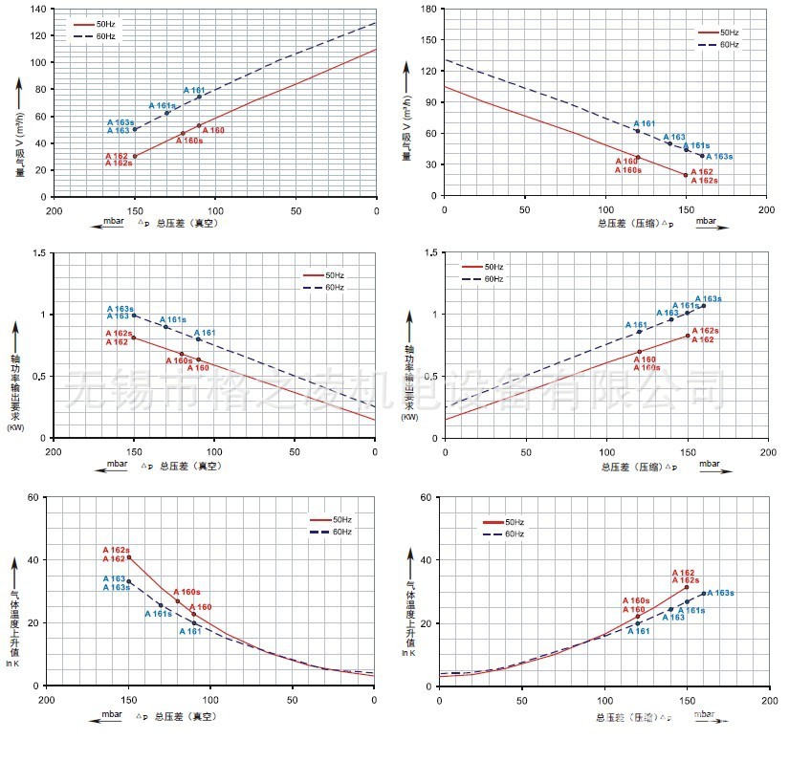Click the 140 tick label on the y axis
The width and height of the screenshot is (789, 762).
(37, 9)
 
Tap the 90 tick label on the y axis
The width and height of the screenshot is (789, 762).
(430, 102)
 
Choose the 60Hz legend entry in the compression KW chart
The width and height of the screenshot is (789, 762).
(492, 279)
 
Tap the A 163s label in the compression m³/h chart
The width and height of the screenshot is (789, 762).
(719, 157)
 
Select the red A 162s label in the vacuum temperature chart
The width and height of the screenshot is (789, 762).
(116, 550)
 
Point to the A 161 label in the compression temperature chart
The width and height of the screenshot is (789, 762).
(638, 631)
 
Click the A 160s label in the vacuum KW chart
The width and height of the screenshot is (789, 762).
(179, 360)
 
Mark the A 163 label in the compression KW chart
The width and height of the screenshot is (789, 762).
(668, 313)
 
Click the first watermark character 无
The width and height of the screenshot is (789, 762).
(91, 389)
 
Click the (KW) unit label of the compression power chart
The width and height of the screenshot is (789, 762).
(409, 418)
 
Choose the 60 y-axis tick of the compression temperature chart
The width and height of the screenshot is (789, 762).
(427, 497)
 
